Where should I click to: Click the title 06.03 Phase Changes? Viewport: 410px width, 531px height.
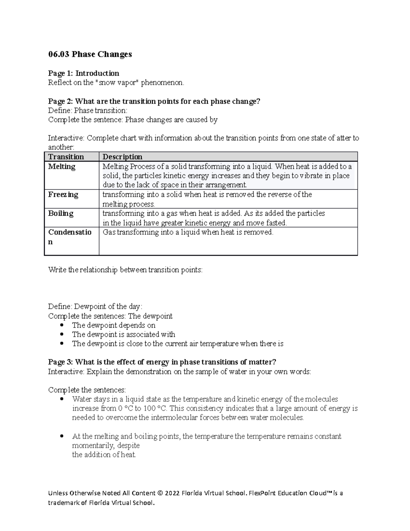[x=90, y=54]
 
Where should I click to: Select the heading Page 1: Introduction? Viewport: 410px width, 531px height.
[x=83, y=73]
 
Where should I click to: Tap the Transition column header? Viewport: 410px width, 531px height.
[x=66, y=157]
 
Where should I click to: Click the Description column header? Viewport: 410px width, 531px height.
[x=122, y=157]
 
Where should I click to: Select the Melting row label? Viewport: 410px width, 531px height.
[x=61, y=167]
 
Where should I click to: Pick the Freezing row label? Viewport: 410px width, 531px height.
[x=63, y=195]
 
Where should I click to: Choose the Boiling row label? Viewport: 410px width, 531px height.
[x=60, y=213]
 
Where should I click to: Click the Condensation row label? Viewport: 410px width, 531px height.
[x=70, y=233]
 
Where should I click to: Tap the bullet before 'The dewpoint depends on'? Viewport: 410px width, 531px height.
[x=61, y=325]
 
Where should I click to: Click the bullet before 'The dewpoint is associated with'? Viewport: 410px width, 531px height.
[x=61, y=334]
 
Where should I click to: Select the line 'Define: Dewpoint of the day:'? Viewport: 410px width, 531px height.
[x=95, y=306]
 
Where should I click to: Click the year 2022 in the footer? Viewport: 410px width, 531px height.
[x=172, y=493]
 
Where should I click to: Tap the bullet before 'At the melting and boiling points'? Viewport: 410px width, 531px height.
[x=61, y=436]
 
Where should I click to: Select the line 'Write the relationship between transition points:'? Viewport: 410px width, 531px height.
[x=125, y=270]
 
